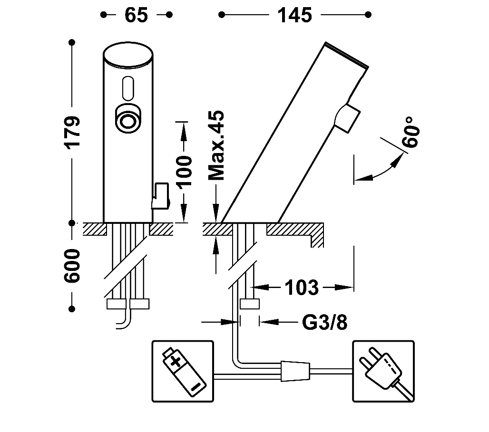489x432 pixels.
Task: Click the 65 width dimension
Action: [x=136, y=15]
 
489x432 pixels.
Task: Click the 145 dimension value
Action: [x=295, y=15]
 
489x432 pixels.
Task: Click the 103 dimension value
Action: [x=302, y=287]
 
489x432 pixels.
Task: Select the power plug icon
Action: [x=382, y=370]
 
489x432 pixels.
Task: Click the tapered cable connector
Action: [x=295, y=370]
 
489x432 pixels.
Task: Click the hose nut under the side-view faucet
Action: [x=249, y=305]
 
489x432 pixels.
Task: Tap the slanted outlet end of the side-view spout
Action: [x=346, y=55]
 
